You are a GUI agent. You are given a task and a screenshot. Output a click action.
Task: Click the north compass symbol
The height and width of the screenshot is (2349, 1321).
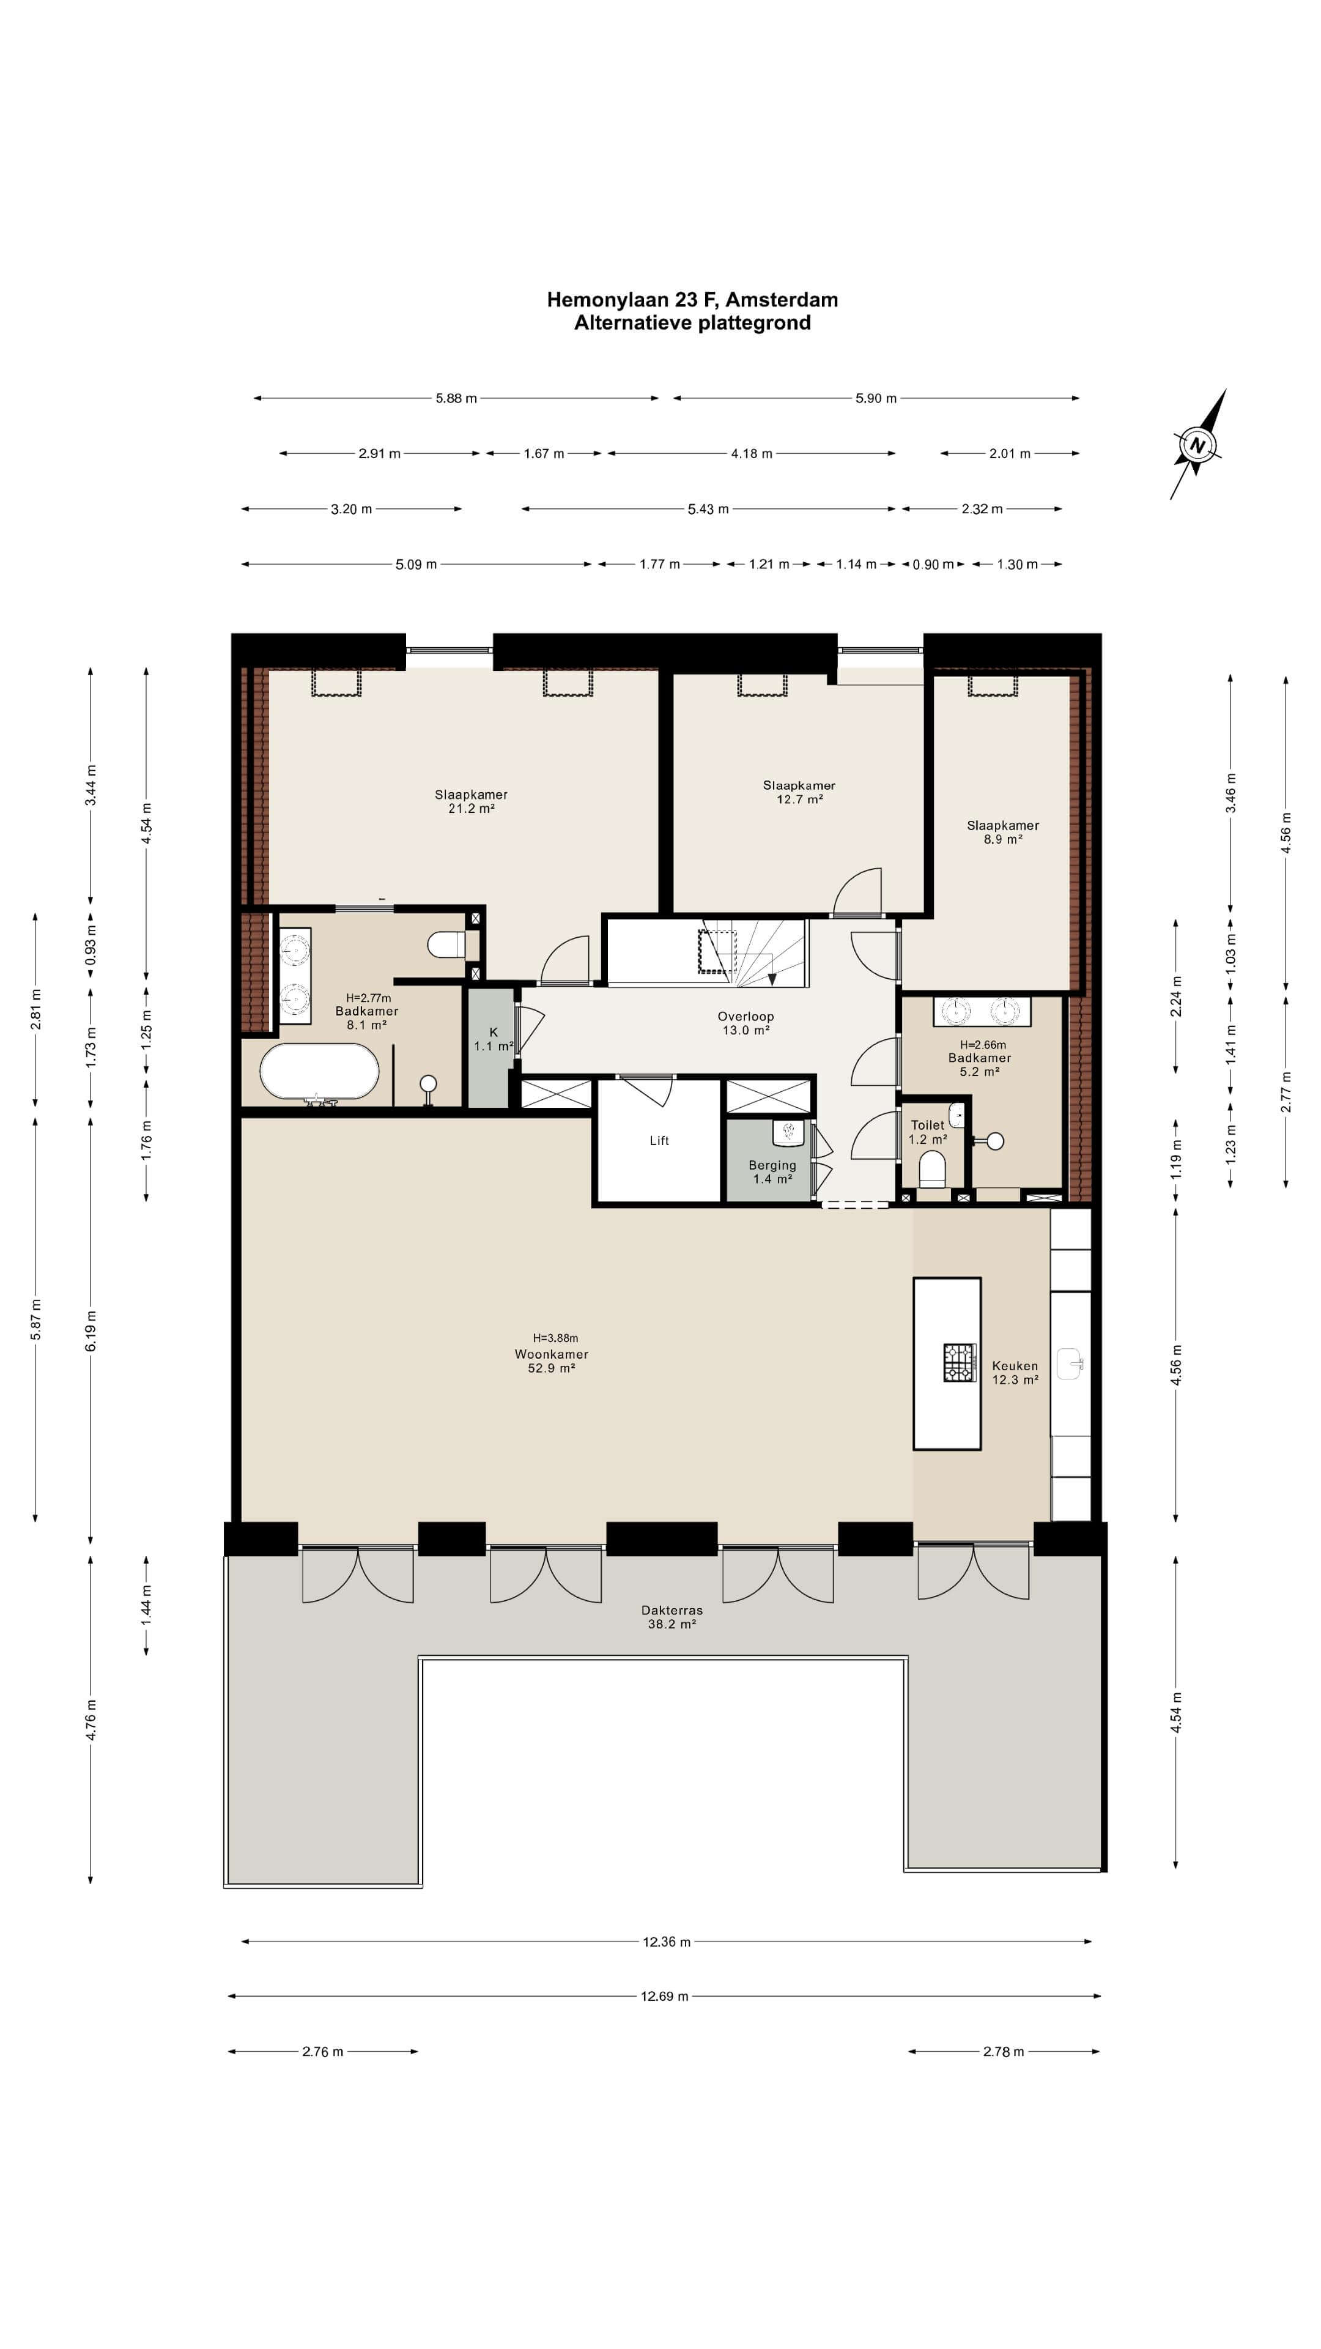[1197, 445]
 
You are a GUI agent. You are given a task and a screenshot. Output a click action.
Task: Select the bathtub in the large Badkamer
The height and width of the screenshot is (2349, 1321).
[319, 1072]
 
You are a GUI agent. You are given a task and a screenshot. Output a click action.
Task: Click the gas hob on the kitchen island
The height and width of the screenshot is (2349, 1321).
[959, 1362]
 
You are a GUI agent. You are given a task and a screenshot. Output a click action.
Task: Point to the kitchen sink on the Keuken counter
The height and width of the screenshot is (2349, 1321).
[1070, 1364]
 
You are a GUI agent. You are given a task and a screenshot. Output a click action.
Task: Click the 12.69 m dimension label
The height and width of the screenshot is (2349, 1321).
[665, 1996]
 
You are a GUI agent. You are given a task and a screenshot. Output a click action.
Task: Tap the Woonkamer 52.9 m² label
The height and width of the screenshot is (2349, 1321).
[552, 1360]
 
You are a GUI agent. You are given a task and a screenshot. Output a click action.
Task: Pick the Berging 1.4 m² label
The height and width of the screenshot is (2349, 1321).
[772, 1172]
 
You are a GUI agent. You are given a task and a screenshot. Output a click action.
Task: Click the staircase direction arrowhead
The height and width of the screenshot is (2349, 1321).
[772, 979]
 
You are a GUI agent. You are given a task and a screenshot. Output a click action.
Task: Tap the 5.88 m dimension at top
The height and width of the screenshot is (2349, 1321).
[456, 398]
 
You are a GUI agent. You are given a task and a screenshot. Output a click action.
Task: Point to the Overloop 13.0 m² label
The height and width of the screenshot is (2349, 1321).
[746, 1023]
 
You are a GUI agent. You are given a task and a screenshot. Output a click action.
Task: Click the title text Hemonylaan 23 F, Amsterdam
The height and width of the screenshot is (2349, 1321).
[692, 299]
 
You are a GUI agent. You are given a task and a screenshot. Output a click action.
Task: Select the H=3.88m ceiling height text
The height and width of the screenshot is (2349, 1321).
[555, 1338]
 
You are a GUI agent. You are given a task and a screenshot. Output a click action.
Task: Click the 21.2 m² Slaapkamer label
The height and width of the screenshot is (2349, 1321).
[472, 801]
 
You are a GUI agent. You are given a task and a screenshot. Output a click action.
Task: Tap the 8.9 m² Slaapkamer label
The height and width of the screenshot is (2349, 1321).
[1003, 833]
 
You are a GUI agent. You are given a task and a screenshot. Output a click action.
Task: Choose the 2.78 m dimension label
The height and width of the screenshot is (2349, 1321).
[1004, 2052]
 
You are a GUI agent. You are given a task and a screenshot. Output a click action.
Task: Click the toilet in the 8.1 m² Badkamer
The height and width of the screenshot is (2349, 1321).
[446, 944]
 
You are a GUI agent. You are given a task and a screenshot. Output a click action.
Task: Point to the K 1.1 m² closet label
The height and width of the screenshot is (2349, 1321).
[493, 1039]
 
